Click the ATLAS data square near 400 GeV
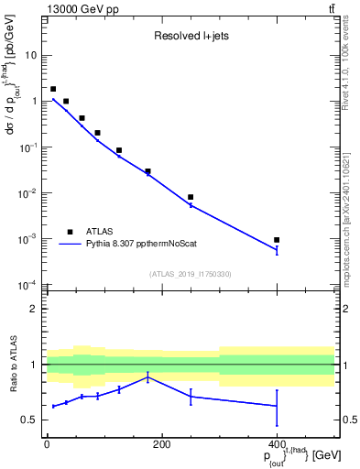pos(277,240)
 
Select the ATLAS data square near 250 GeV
pos(191,197)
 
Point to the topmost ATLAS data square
pos(53,89)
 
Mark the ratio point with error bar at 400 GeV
pos(277,406)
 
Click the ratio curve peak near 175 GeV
pos(147,376)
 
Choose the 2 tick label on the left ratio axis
pos(35,309)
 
